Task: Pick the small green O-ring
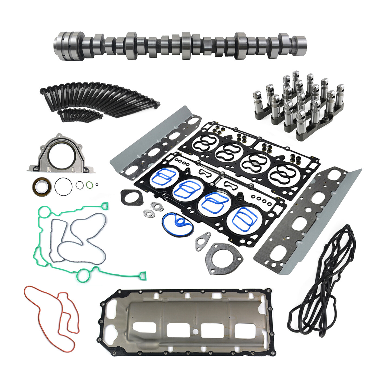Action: [x=89, y=185]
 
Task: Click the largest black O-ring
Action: [x=63, y=186]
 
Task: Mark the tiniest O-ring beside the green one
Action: [x=97, y=185]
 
